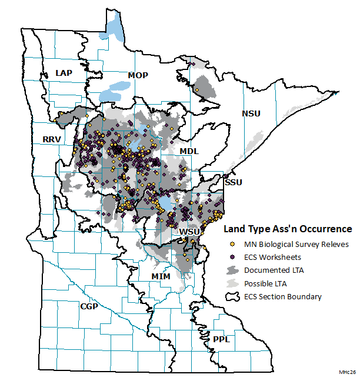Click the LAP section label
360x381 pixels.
pyautogui.click(x=63, y=72)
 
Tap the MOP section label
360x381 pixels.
pyautogui.click(x=138, y=75)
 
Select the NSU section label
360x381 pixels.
pyautogui.click(x=251, y=113)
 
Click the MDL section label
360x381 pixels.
pyautogui.click(x=189, y=151)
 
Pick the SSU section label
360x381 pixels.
pyautogui.click(x=234, y=182)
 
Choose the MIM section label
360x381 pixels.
pyautogui.click(x=161, y=276)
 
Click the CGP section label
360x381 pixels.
pyautogui.click(x=89, y=306)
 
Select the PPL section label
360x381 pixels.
pyautogui.click(x=221, y=340)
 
